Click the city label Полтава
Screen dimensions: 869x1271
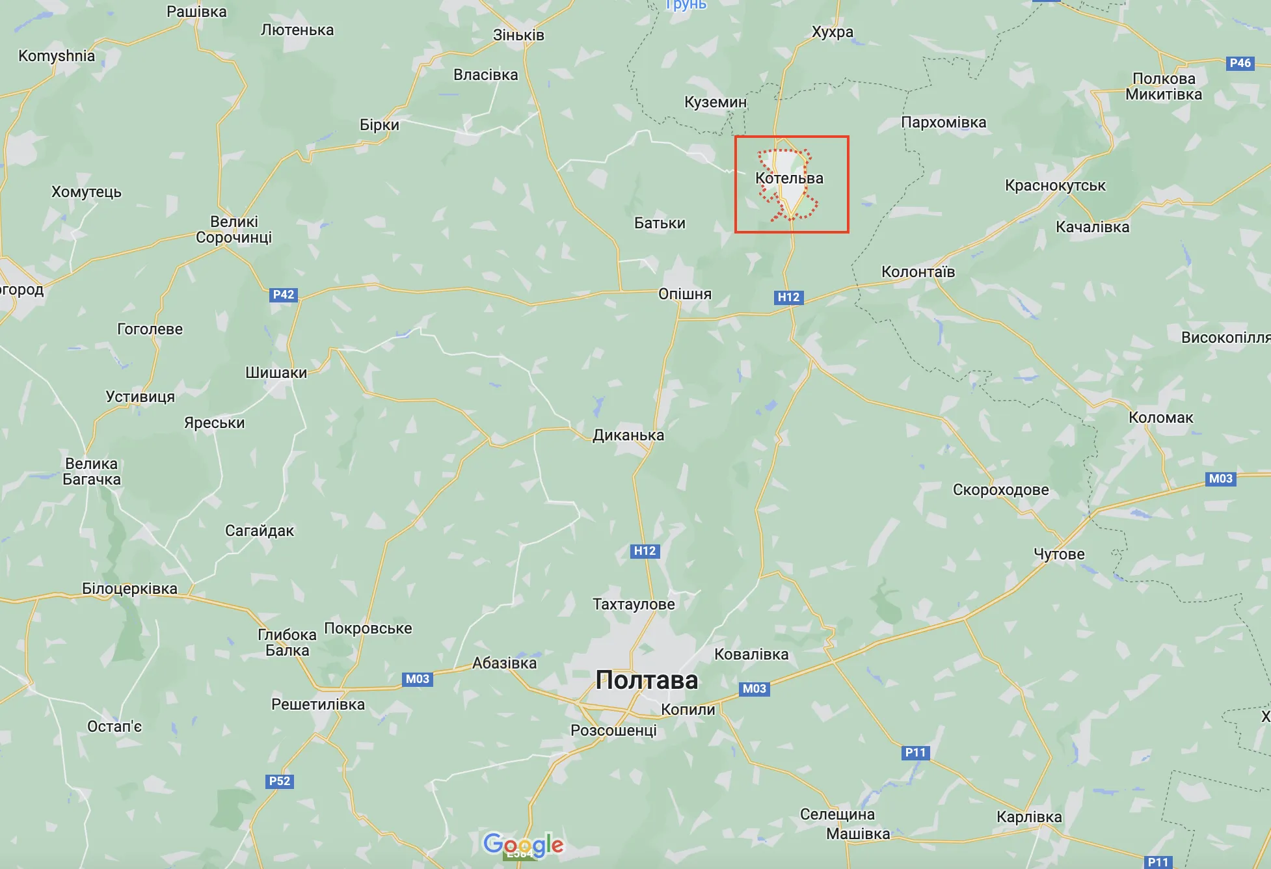click(x=647, y=680)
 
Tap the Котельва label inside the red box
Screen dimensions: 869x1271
click(x=789, y=178)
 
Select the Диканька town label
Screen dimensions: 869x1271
click(x=628, y=435)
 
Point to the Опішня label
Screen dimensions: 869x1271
click(x=685, y=294)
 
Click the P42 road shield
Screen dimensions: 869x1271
click(x=284, y=295)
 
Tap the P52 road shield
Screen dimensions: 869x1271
click(x=280, y=781)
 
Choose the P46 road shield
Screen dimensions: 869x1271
click(x=1240, y=63)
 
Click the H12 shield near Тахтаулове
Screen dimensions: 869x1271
click(x=645, y=551)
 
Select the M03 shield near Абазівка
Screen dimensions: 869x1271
click(x=418, y=679)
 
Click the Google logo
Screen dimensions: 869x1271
click(x=524, y=844)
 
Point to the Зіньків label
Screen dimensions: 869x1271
click(x=518, y=35)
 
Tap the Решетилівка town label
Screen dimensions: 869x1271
click(x=318, y=704)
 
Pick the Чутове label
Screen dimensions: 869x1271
click(x=1059, y=554)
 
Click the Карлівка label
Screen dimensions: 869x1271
click(x=1029, y=817)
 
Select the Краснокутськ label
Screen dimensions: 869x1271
click(x=1055, y=185)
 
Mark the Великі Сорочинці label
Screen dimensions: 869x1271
click(x=234, y=230)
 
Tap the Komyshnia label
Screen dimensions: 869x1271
click(x=57, y=56)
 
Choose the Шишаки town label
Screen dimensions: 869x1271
click(x=276, y=373)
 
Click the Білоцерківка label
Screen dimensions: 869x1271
click(x=129, y=589)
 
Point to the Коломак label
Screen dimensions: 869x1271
click(x=1160, y=418)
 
